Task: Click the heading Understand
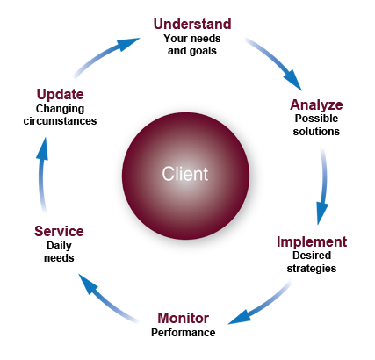[x=192, y=24]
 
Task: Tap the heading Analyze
[x=316, y=104]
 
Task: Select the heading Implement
[x=312, y=242]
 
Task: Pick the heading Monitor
[x=184, y=318]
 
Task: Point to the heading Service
[x=59, y=231]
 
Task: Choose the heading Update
[x=60, y=95]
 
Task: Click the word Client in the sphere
[x=185, y=174]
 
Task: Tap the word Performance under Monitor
[x=184, y=333]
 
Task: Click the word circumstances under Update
[x=60, y=121]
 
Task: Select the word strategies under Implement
[x=312, y=269]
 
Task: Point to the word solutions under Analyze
[x=316, y=132]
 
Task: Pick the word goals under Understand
[x=203, y=51]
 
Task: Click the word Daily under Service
[x=59, y=246]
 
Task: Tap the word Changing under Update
[x=60, y=109]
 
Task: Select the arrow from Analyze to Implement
[x=323, y=187]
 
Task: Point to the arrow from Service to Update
[x=41, y=175]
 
